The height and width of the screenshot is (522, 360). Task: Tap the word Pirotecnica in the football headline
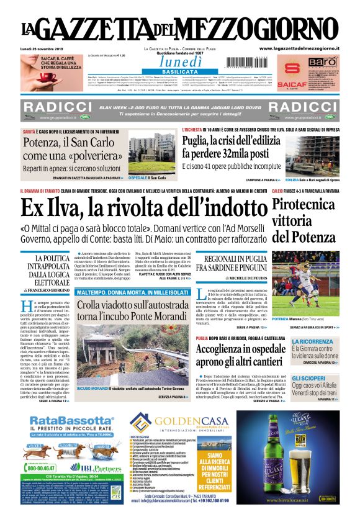point(306,206)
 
